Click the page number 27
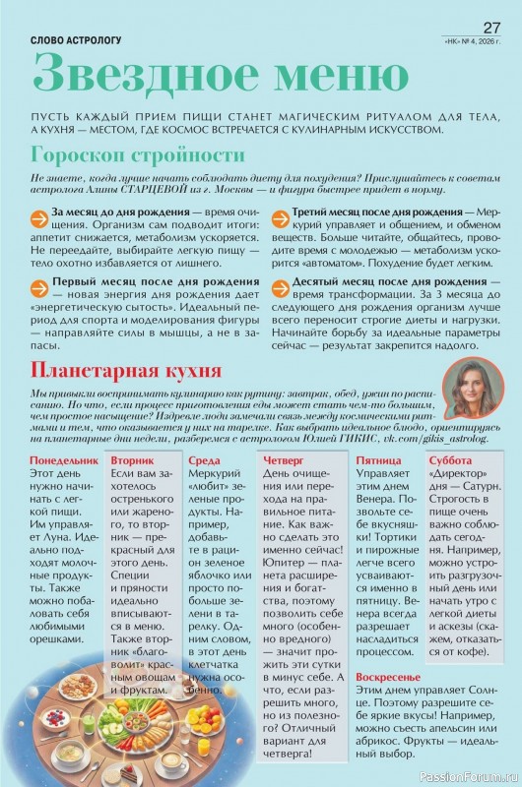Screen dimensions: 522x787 [491, 26]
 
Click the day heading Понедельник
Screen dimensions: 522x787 [64, 459]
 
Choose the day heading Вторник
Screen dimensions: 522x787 [132, 459]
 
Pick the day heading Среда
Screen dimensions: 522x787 [203, 459]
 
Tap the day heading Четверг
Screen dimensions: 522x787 [285, 459]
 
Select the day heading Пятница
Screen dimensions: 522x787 [377, 459]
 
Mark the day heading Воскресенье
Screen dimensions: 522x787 [390, 678]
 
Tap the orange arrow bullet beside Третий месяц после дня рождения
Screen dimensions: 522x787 [280, 213]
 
